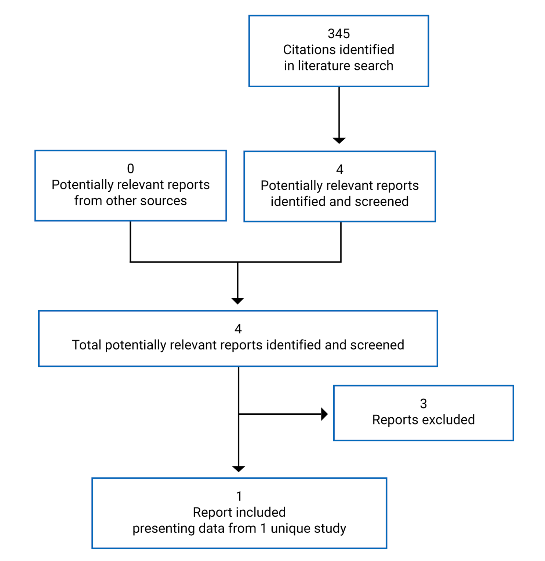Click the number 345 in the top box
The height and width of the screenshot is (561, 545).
[x=338, y=34]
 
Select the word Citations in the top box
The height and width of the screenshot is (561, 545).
[x=307, y=49]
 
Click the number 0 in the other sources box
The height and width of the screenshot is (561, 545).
[x=130, y=169]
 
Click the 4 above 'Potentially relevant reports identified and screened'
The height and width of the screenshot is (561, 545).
[x=339, y=169]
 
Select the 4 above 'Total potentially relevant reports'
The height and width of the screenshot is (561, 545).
[x=238, y=329]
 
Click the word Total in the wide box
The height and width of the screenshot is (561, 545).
[x=87, y=345]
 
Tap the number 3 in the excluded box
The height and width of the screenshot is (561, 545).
[x=423, y=404]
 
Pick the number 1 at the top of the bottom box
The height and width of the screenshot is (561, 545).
[x=239, y=496]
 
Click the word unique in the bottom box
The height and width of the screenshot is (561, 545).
[x=287, y=528]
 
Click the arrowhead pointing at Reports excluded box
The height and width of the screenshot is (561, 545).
[x=324, y=414]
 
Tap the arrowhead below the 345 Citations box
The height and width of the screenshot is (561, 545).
[x=339, y=140]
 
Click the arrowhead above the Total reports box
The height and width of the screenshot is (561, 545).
[x=237, y=301]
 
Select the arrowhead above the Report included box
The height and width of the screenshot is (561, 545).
[x=239, y=468]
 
